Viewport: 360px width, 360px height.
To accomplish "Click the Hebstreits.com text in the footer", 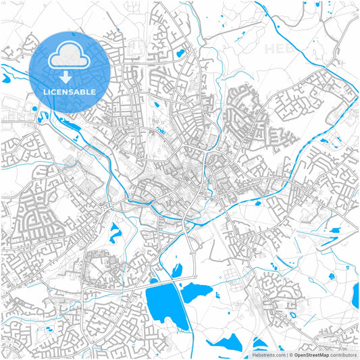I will pyautogui.click(x=267, y=354).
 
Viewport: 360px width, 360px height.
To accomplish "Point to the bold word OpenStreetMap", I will pyautogui.click(x=311, y=354).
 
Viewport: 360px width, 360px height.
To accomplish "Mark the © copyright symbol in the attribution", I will pyautogui.click(x=288, y=354).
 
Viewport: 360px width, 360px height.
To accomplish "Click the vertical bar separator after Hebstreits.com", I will pyautogui.click(x=284, y=354).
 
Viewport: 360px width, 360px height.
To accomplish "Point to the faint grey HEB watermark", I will pyautogui.click(x=277, y=49).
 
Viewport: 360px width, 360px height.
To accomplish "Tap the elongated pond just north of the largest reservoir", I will pyautogui.click(x=178, y=271).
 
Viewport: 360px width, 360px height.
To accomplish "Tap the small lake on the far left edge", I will pyautogui.click(x=5, y=79).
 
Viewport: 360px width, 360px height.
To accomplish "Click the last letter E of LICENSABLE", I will pyautogui.click(x=93, y=92).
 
